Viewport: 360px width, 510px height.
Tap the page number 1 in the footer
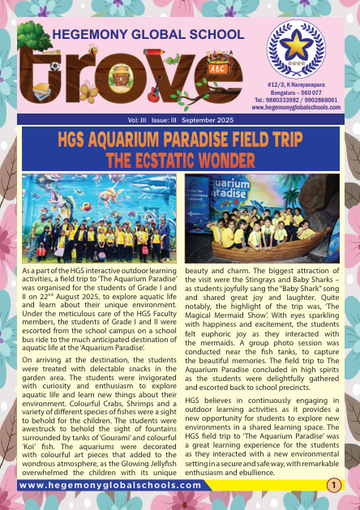point(333,485)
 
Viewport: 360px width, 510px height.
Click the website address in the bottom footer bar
point(109,485)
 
